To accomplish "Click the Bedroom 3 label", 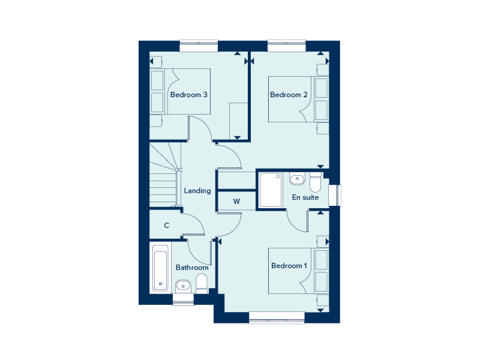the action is coord(188,95).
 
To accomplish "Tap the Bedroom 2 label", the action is coord(289,95).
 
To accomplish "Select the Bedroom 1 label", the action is coord(289,266).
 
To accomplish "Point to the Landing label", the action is coord(197,191).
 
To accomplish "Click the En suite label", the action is coord(305,197).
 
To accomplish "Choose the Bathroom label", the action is coord(192,268).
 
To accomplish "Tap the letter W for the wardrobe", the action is coord(236,202).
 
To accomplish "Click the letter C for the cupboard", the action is coord(167,226).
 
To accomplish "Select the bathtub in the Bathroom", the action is coord(160,268).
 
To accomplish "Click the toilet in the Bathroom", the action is coord(202,284).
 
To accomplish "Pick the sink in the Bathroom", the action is coord(183,286).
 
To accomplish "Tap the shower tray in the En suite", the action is coord(271,190).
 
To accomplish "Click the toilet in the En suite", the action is coord(316,182).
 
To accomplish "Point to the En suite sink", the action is coord(297,179).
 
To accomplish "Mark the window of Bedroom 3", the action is coord(199,46).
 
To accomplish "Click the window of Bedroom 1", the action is coord(277,317).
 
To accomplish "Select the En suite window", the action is coord(335,196).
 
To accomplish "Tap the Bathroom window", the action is coord(184,299).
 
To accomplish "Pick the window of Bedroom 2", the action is coord(287,46).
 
